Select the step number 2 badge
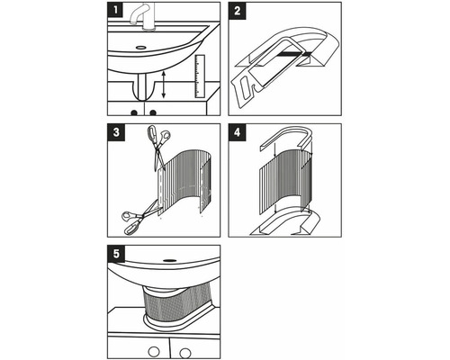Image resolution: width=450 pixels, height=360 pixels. point(238,11)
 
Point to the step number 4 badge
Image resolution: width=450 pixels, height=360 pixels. point(238,131)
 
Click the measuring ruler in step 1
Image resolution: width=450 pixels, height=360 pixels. point(199,76)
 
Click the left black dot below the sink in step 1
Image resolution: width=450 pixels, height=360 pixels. point(136,112)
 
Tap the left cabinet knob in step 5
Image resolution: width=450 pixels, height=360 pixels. point(155,350)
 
